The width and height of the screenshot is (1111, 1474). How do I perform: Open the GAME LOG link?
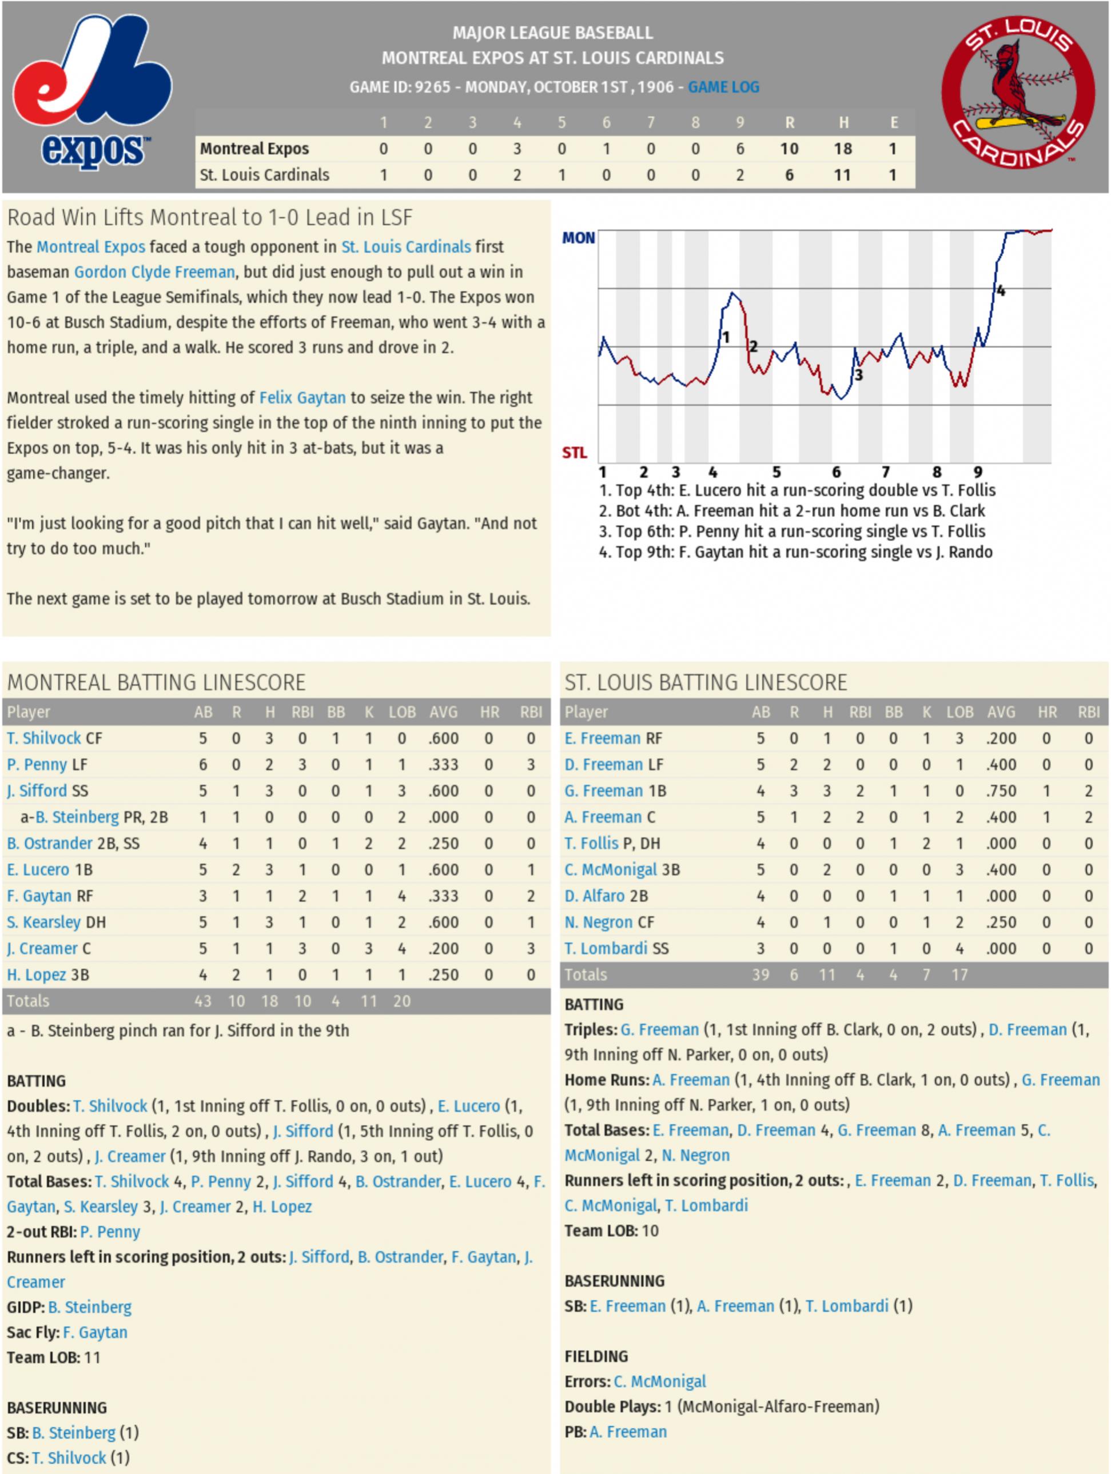point(723,87)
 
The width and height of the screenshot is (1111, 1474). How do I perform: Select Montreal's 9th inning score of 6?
point(740,149)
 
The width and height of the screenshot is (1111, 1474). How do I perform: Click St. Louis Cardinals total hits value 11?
point(842,175)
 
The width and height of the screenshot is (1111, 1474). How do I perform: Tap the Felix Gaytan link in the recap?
point(302,398)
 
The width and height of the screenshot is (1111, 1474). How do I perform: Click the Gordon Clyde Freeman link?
point(154,272)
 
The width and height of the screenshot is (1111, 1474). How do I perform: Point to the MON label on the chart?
point(578,238)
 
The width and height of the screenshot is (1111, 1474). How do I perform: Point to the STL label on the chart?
point(574,453)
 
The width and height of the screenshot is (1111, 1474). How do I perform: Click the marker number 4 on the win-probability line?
point(1001,290)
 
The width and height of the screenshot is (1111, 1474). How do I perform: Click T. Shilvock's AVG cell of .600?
point(443,738)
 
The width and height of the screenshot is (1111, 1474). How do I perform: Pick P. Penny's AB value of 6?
point(202,764)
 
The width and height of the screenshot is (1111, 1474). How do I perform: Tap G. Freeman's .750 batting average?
point(1001,791)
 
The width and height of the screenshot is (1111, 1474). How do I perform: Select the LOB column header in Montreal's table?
point(402,712)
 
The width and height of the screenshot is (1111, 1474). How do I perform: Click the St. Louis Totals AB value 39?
point(760,975)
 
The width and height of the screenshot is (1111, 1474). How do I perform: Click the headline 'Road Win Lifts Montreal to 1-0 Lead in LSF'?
point(210,217)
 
